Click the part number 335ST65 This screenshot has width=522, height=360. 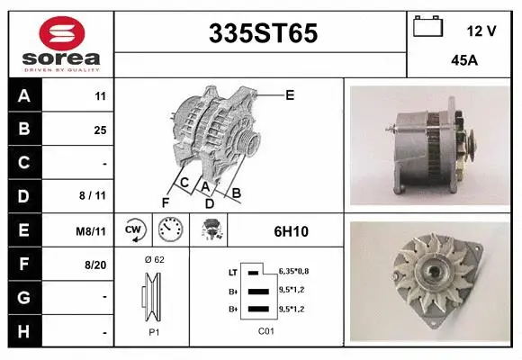[x=263, y=33]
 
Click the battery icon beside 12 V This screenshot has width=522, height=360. [x=426, y=27]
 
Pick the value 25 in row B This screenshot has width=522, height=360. [x=100, y=130]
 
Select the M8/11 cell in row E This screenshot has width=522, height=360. [x=92, y=231]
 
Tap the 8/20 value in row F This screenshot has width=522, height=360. [x=95, y=265]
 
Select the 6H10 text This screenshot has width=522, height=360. [x=291, y=231]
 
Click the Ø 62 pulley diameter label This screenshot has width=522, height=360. [x=153, y=259]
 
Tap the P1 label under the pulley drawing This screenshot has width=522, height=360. [x=153, y=331]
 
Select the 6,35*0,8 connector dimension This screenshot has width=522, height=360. [x=295, y=271]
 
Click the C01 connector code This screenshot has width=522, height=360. [x=265, y=331]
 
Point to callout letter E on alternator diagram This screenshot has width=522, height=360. [x=289, y=94]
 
